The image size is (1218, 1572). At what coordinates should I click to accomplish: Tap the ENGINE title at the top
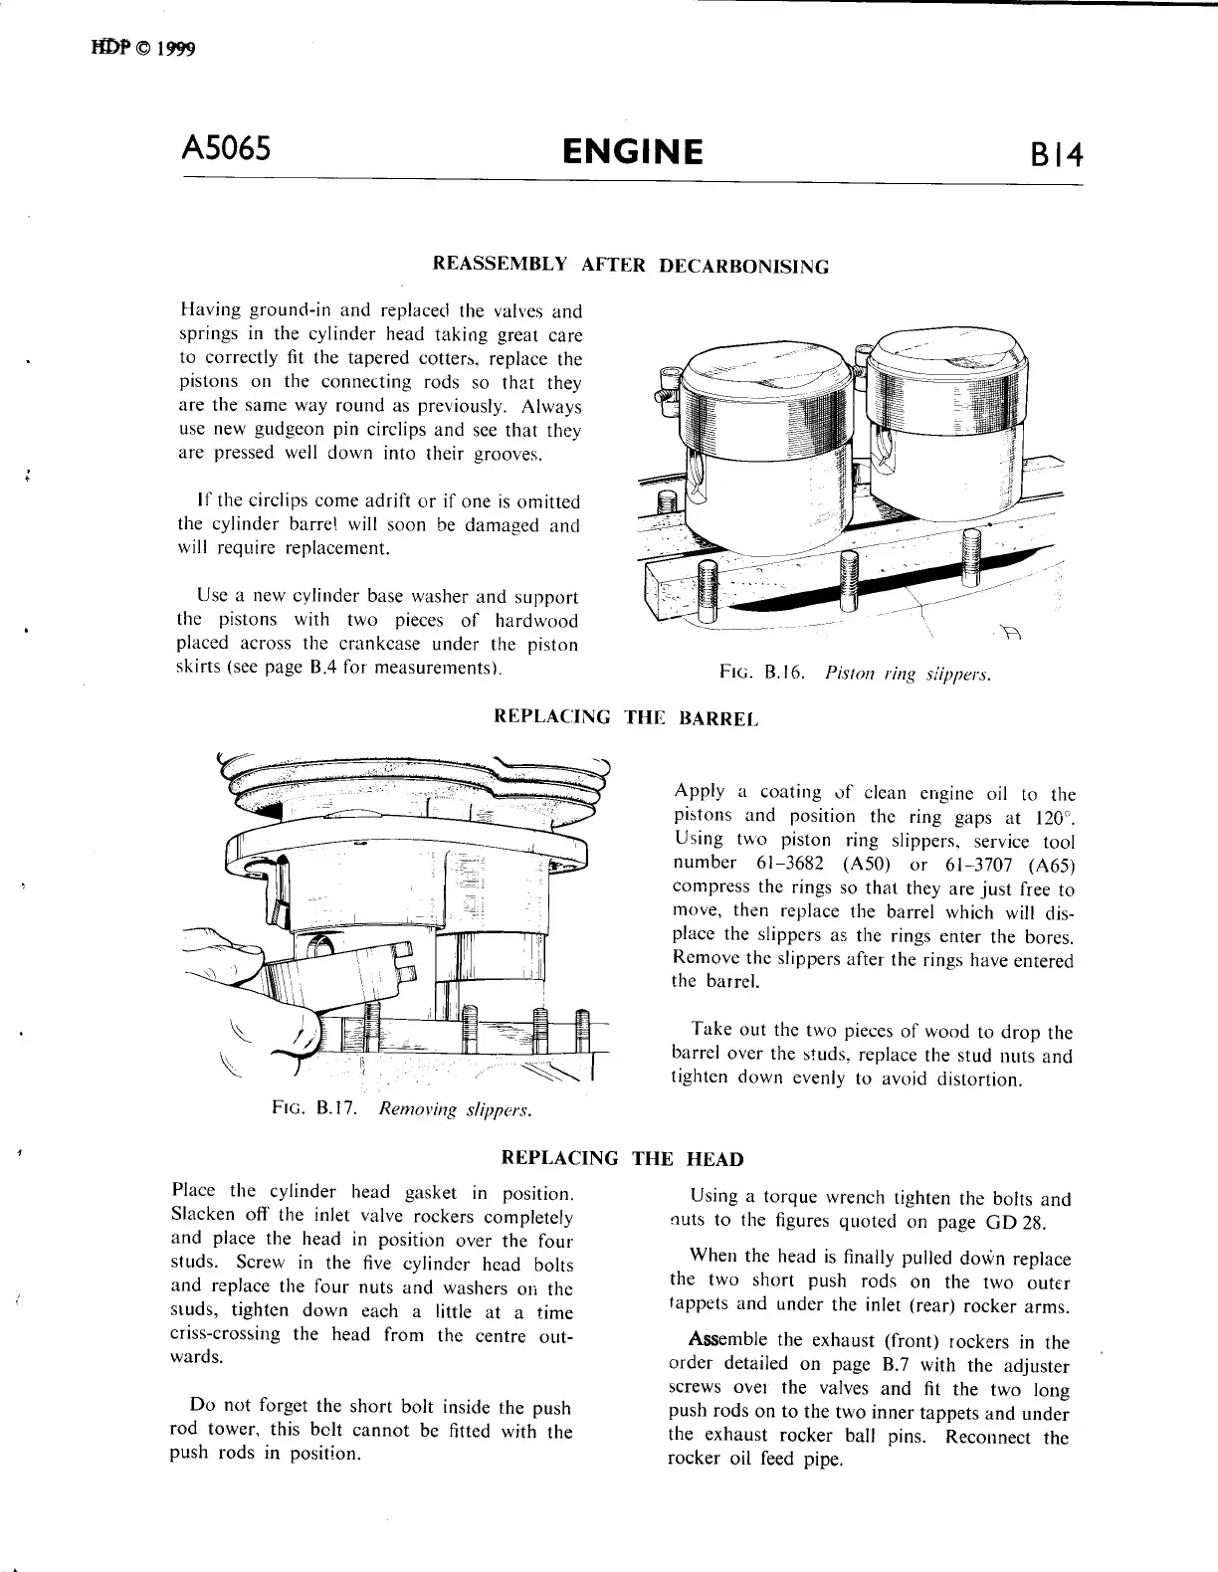coord(632,151)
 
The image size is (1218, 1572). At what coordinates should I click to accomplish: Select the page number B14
coord(1056,156)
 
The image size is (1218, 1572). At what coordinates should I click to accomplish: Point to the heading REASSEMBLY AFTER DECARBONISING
coord(630,266)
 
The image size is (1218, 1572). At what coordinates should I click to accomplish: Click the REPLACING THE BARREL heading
coord(626,716)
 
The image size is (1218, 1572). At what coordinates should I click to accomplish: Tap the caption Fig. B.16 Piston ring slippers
coord(855,675)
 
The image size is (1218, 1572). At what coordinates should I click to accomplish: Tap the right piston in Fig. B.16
coord(942,428)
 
